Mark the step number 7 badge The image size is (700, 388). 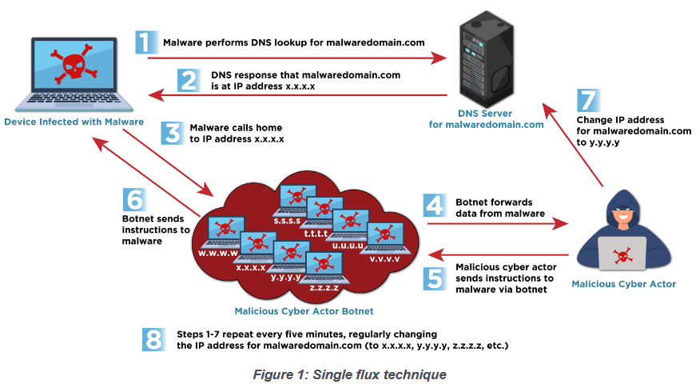tap(587, 102)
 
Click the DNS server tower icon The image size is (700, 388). tap(487, 62)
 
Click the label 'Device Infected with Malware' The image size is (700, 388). tap(74, 122)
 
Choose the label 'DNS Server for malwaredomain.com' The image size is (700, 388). tap(486, 119)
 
